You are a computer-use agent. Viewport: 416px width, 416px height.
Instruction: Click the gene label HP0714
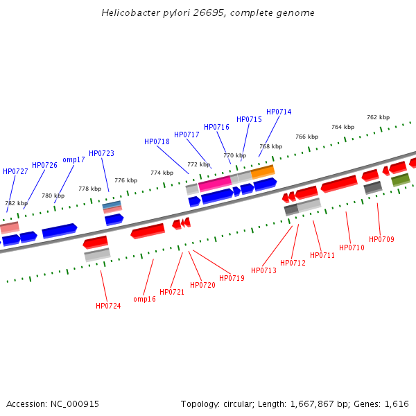(279, 112)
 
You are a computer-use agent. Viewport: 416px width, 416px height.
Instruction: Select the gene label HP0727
(15, 171)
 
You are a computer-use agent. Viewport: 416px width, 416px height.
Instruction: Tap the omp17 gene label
(73, 159)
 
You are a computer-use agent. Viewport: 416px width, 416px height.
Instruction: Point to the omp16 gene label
(144, 299)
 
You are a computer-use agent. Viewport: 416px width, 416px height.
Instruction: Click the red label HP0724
(108, 306)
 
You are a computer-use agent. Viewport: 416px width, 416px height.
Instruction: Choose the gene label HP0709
(381, 239)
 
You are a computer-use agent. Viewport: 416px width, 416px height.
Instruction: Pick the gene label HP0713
(263, 270)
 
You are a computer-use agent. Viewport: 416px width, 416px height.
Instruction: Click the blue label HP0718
(157, 141)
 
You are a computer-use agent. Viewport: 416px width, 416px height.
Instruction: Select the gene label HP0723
(101, 153)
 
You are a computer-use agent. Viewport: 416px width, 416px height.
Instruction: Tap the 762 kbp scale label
(378, 117)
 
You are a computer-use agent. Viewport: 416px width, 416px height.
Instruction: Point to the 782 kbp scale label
(17, 203)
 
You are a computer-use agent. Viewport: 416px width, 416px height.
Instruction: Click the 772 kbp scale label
(198, 164)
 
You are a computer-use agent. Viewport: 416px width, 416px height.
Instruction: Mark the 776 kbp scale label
(125, 180)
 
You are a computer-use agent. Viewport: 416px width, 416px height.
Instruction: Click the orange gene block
(263, 171)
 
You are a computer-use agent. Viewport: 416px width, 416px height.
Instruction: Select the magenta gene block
(214, 182)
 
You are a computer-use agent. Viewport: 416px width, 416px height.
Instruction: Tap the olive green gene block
(400, 180)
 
